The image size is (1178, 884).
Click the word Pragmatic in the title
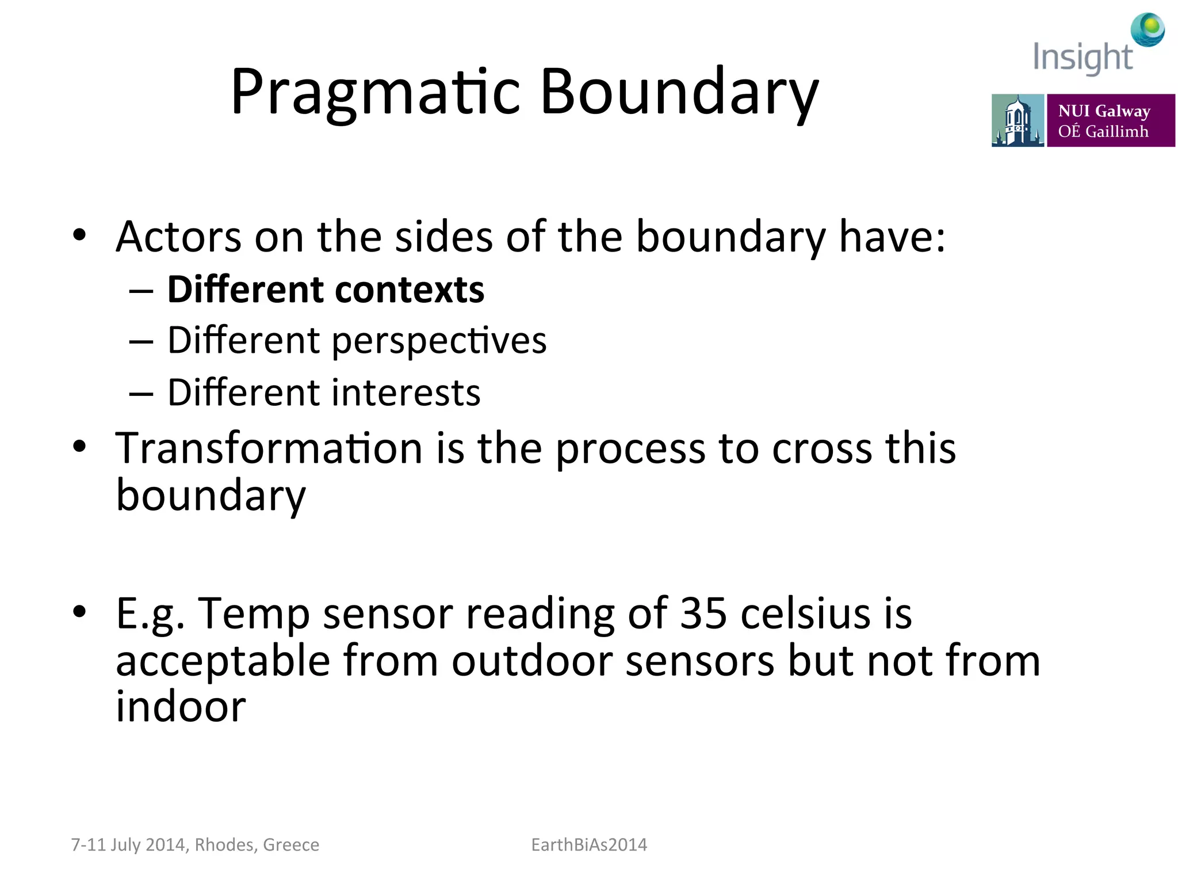coord(376,92)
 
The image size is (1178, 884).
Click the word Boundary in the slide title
coord(679,92)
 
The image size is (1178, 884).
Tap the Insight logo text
coord(1082,58)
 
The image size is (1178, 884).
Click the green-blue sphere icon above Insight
coord(1148,29)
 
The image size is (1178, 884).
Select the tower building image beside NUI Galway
coord(1018,120)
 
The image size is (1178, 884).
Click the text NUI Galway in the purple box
coord(1104,110)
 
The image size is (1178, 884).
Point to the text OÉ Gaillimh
coord(1103,131)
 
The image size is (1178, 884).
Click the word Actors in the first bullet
coord(178,237)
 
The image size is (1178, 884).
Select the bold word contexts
coord(410,289)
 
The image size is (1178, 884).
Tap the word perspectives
coord(439,341)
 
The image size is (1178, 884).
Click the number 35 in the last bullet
coord(703,613)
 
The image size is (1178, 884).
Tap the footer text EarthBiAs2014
coord(589,845)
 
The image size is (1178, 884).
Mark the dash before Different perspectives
coord(141,342)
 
